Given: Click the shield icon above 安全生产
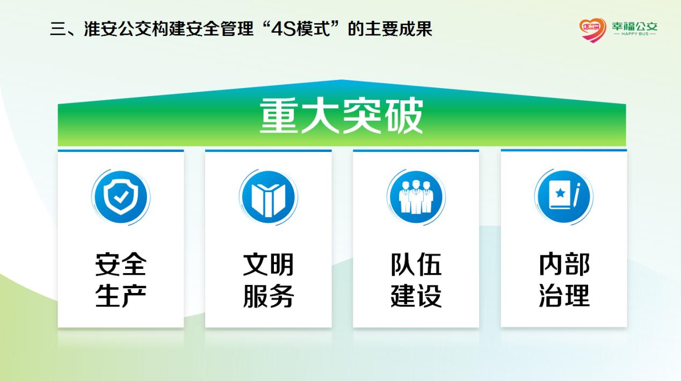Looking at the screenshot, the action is pos(121,197).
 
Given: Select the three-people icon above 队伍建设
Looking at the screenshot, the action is pos(416,197).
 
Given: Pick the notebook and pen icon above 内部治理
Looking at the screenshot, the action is pos(563,196).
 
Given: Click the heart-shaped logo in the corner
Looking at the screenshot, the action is pos(592,30).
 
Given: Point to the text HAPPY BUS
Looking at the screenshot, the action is pos(635,34).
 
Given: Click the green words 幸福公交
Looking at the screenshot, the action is pos(635,26).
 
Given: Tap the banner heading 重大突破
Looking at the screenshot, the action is pos(342,115).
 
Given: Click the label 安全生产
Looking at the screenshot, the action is pos(121,280).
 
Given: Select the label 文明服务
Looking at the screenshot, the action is pos(268,280).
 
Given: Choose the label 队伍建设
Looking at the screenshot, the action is pos(416,280).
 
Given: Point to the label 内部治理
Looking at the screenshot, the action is pos(564,280).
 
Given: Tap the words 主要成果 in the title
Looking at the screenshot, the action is pos(399,29).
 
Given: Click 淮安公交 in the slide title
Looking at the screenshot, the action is pos(118,29).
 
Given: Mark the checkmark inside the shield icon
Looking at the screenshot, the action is pos(121,197).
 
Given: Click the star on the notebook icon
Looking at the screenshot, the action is pos(560,193).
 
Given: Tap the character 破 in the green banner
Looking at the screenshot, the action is pos(404,115).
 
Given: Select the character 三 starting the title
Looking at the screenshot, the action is pos(58,30).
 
